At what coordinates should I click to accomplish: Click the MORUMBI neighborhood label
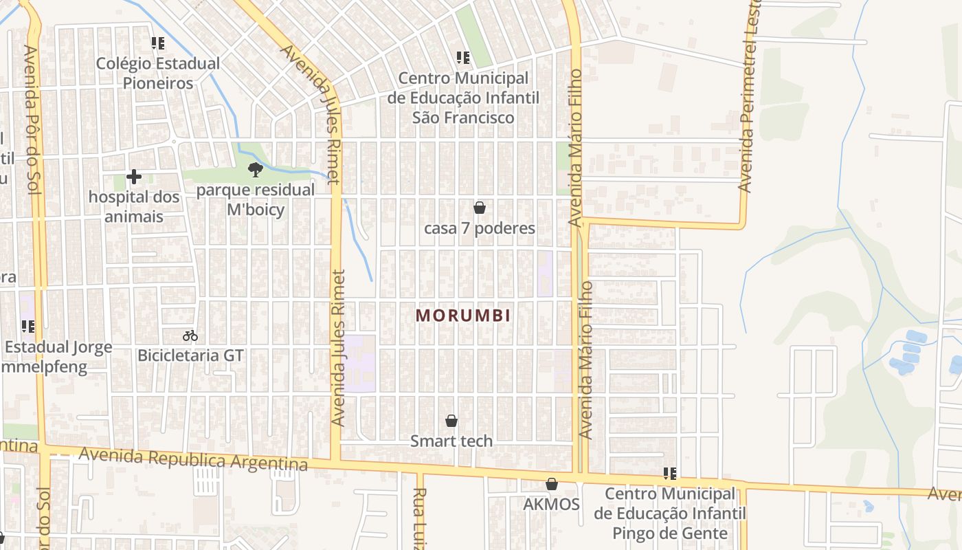pyautogui.click(x=463, y=316)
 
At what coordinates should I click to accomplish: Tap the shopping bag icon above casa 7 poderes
pyautogui.click(x=480, y=207)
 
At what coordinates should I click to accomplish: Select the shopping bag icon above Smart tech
pyautogui.click(x=451, y=420)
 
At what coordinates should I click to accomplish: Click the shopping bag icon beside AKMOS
pyautogui.click(x=551, y=484)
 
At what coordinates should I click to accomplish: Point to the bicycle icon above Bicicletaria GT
pyautogui.click(x=190, y=335)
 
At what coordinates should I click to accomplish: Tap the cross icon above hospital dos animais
pyautogui.click(x=134, y=177)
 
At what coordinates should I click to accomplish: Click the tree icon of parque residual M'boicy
pyautogui.click(x=256, y=169)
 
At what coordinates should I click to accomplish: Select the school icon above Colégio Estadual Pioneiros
pyautogui.click(x=158, y=44)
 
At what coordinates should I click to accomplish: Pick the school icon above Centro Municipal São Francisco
pyautogui.click(x=463, y=58)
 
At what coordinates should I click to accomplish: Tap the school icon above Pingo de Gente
pyautogui.click(x=670, y=473)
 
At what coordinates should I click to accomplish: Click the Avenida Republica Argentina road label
pyautogui.click(x=193, y=459)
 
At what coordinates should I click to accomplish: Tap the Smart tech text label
pyautogui.click(x=451, y=441)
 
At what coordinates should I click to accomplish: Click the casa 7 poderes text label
pyautogui.click(x=480, y=228)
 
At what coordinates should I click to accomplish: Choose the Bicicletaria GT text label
pyautogui.click(x=190, y=355)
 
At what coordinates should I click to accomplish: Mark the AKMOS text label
pyautogui.click(x=551, y=504)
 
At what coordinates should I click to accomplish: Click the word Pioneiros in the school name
pyautogui.click(x=158, y=83)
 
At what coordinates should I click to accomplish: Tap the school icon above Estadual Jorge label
pyautogui.click(x=28, y=326)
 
